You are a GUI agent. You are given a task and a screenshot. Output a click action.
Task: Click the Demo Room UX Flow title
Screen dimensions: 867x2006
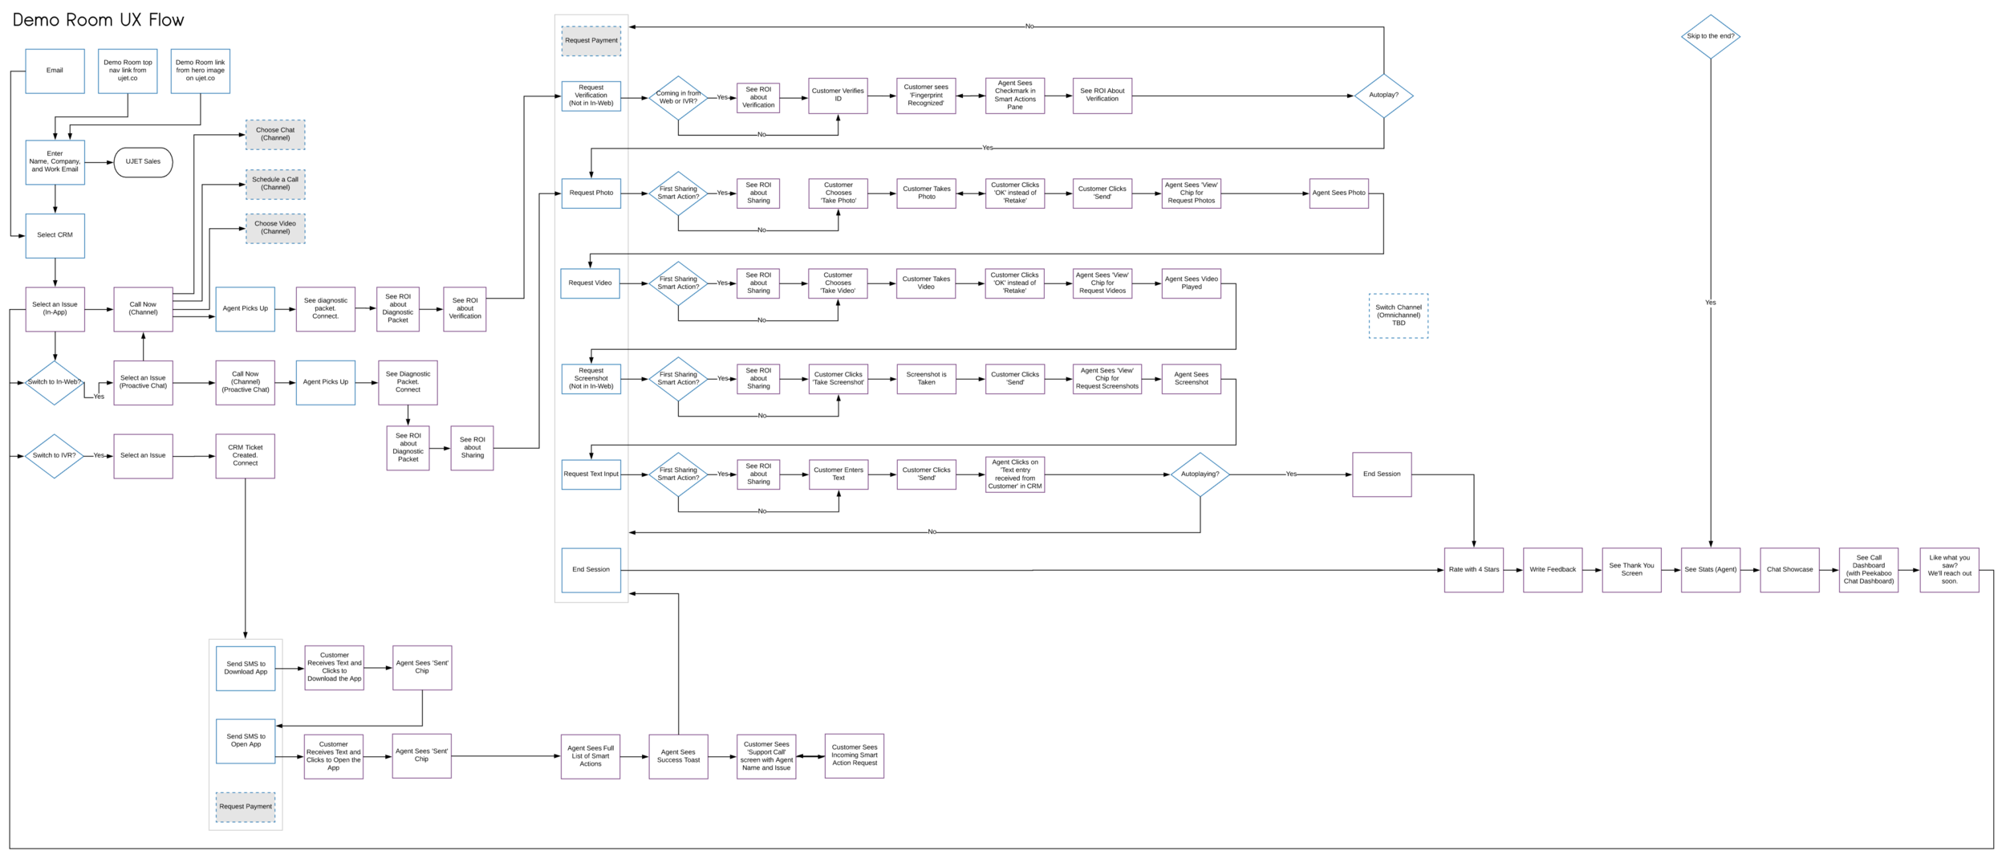pyautogui.click(x=98, y=20)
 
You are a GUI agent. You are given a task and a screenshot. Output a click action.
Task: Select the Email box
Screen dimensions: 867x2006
pyautogui.click(x=55, y=71)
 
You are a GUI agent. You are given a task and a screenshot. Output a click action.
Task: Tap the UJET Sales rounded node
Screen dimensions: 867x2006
pyautogui.click(x=143, y=162)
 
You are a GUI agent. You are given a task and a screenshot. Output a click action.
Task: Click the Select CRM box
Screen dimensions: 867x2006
pyautogui.click(x=55, y=235)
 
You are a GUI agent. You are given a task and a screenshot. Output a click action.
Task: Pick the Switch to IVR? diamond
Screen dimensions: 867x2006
pyautogui.click(x=55, y=456)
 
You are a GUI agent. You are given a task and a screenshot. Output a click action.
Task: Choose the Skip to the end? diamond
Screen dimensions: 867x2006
pyautogui.click(x=1710, y=36)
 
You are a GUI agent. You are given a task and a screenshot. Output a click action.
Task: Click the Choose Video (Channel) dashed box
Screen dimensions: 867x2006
pyautogui.click(x=275, y=228)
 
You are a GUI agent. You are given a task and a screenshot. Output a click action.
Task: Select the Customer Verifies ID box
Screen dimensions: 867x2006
pyautogui.click(x=838, y=96)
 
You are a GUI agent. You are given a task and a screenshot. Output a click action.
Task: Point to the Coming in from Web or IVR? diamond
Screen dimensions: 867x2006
pyautogui.click(x=678, y=98)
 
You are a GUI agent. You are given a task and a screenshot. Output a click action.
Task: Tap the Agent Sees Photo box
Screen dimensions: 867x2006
pyautogui.click(x=1338, y=193)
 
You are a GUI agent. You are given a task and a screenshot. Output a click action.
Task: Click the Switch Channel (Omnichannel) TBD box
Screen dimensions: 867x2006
pyautogui.click(x=1398, y=315)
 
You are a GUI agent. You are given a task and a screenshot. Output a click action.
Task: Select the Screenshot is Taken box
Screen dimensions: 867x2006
pyautogui.click(x=926, y=379)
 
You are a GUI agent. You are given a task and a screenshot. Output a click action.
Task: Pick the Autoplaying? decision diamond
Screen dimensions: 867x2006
pyautogui.click(x=1200, y=474)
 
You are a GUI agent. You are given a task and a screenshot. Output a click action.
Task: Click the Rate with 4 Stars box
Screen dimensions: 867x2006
pyautogui.click(x=1473, y=570)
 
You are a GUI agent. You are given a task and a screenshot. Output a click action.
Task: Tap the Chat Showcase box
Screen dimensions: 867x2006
pyautogui.click(x=1789, y=570)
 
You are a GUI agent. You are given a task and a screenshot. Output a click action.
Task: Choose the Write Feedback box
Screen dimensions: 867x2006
pyautogui.click(x=1552, y=570)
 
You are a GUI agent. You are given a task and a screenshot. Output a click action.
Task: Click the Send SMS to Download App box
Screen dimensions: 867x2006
pyautogui.click(x=246, y=668)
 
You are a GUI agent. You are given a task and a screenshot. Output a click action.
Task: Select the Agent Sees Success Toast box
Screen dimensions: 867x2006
pyautogui.click(x=678, y=756)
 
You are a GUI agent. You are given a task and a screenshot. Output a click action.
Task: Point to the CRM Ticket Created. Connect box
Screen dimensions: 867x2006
pyautogui.click(x=245, y=456)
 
